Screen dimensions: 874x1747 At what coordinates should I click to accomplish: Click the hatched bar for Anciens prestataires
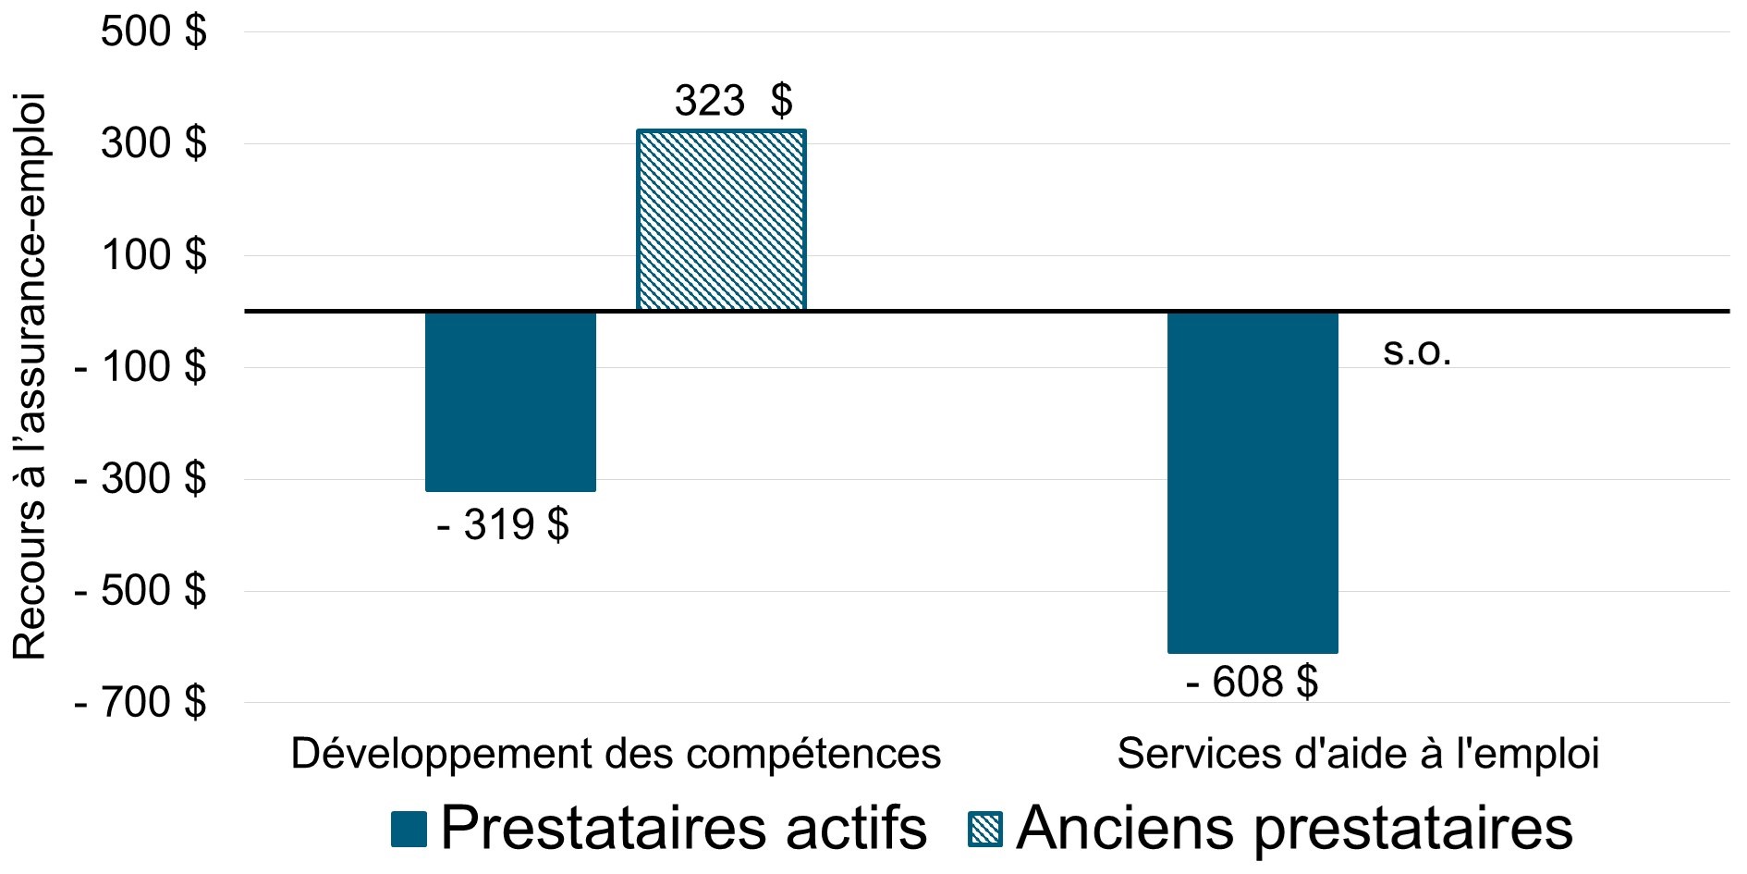721,220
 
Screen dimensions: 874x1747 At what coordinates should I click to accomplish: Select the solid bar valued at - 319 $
510,400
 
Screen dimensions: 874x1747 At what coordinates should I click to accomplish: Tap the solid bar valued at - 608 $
1252,482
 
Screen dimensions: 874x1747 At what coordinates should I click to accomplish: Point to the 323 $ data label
733,101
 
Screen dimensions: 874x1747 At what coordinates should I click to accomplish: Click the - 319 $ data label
502,526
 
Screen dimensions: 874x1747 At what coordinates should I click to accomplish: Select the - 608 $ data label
1252,683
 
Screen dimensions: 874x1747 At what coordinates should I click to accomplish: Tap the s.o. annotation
1417,352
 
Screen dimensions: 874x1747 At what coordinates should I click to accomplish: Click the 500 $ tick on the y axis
153,32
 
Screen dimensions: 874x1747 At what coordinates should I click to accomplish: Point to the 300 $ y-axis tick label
153,144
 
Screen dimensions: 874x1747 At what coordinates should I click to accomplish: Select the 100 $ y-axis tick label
153,255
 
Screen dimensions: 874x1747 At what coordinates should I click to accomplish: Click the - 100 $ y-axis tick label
140,368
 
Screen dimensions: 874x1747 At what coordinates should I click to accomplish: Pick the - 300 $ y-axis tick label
140,480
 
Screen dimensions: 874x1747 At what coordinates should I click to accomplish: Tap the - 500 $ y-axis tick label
140,591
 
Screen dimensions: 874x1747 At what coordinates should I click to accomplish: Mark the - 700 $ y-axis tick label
140,703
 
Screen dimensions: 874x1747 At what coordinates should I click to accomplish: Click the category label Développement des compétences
616,755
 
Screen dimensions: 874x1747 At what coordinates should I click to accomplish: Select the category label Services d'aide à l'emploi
1358,755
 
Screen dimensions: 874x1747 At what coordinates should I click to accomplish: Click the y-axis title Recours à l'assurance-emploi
30,375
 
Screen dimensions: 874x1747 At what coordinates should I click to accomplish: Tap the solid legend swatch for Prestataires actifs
409,829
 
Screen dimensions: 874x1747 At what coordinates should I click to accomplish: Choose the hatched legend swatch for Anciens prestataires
985,829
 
